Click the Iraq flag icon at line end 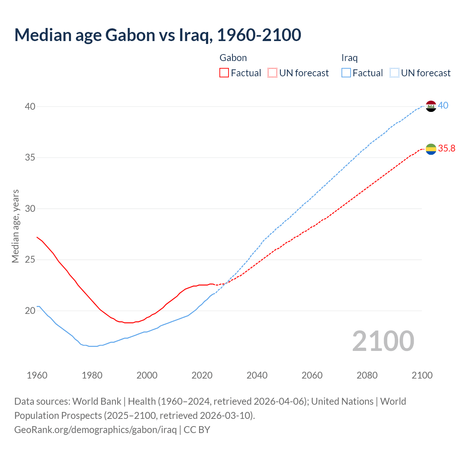[x=431, y=106]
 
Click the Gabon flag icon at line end [x=431, y=149]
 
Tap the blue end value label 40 [x=443, y=106]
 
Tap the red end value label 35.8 [x=446, y=148]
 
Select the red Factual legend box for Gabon [x=224, y=73]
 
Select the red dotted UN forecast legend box [x=272, y=73]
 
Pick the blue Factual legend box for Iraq [x=346, y=73]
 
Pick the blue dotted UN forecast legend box [x=395, y=73]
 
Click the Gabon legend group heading [x=233, y=58]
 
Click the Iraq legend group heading [x=349, y=58]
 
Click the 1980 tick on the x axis [x=92, y=375]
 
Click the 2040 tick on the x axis [x=257, y=375]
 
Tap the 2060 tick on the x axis [x=312, y=375]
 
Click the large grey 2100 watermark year [x=383, y=341]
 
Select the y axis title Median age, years [x=15, y=226]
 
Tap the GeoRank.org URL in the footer [x=95, y=430]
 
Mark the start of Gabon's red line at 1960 [x=37, y=237]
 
